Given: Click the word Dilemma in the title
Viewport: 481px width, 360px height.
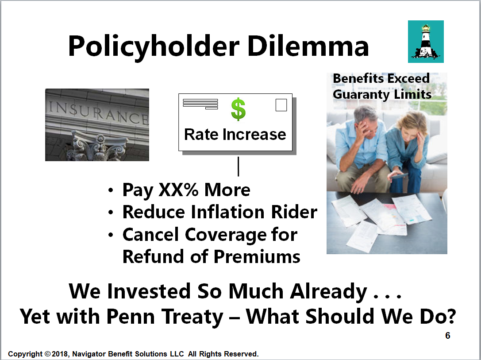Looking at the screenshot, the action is pyautogui.click(x=308, y=46).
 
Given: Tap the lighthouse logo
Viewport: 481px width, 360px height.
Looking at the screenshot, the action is pyautogui.click(x=426, y=42).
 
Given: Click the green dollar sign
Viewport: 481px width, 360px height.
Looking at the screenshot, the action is pyautogui.click(x=238, y=109).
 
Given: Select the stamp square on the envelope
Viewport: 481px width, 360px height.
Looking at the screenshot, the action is pyautogui.click(x=281, y=105).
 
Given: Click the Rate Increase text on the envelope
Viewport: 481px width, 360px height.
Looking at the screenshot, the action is pyautogui.click(x=235, y=135).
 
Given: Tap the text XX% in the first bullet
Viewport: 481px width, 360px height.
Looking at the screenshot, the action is pyautogui.click(x=178, y=190).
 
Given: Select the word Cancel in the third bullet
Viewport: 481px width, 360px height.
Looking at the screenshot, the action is pyautogui.click(x=150, y=235).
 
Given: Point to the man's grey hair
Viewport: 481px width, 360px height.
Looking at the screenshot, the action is pyautogui.click(x=365, y=113).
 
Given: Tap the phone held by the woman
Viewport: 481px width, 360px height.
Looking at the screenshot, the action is pyautogui.click(x=398, y=176).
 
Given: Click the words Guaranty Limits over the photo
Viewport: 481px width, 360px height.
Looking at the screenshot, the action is pyautogui.click(x=382, y=94).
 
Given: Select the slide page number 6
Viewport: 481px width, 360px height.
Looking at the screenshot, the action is pyautogui.click(x=447, y=336).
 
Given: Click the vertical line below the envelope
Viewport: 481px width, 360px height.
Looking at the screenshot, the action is pyautogui.click(x=239, y=166).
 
